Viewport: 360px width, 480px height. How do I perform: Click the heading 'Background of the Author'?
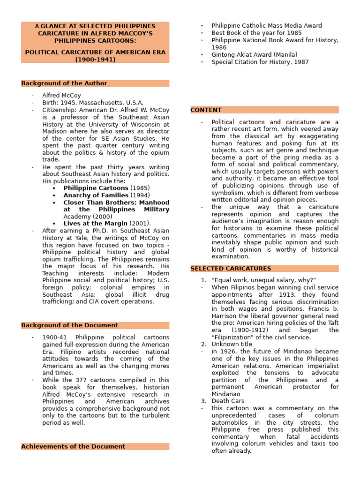64,83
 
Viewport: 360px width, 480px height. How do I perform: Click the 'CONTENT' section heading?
206,110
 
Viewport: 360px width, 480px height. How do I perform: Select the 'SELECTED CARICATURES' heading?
231,269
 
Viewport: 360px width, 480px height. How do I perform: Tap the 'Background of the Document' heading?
69,325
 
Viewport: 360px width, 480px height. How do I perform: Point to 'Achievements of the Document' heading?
73,447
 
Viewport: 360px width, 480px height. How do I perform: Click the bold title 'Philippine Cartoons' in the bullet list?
96,188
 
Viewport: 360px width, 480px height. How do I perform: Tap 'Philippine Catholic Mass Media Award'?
267,26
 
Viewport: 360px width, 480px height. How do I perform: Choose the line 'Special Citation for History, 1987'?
260,62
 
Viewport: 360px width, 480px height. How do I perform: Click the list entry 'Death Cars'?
227,401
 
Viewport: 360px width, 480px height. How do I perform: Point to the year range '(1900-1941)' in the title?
95,60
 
